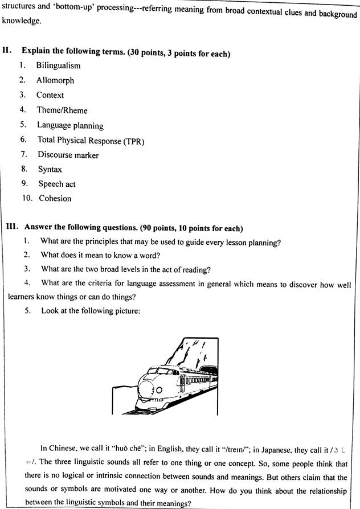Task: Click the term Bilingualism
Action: (x=59, y=66)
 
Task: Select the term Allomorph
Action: (x=55, y=81)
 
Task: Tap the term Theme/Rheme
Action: (x=62, y=110)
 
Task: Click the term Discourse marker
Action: (x=68, y=155)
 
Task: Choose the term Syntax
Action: (x=50, y=169)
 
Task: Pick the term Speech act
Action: (x=57, y=184)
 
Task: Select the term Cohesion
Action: (x=55, y=198)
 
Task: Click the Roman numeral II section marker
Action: (x=7, y=51)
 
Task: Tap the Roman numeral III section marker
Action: (x=11, y=228)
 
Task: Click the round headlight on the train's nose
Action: (x=159, y=390)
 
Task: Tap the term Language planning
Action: (x=70, y=125)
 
